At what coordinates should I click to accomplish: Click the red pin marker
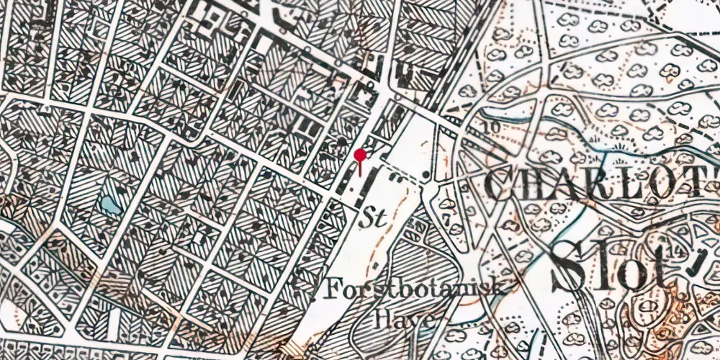pyautogui.click(x=361, y=155)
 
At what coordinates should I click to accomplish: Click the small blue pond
pyautogui.click(x=109, y=205)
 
